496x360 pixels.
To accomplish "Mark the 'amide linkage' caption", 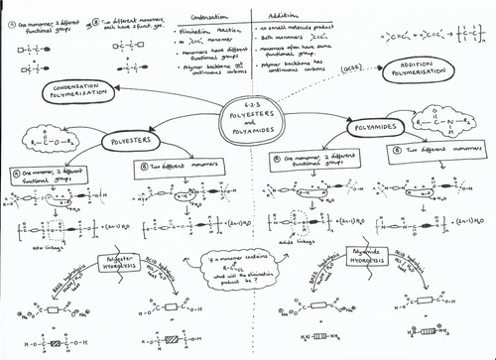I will click(x=301, y=240).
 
